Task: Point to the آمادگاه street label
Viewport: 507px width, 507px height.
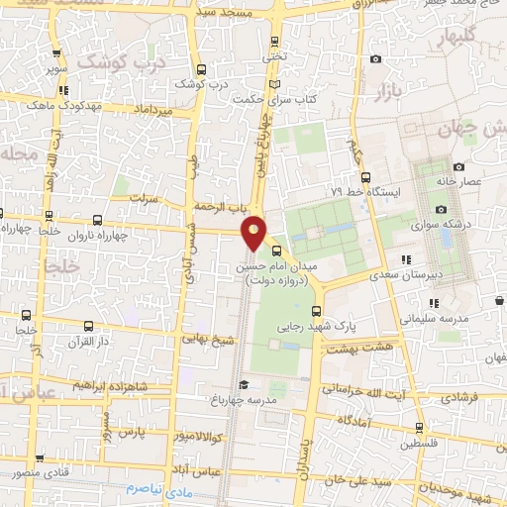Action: point(356,419)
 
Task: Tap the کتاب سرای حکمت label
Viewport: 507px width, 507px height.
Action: point(275,100)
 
